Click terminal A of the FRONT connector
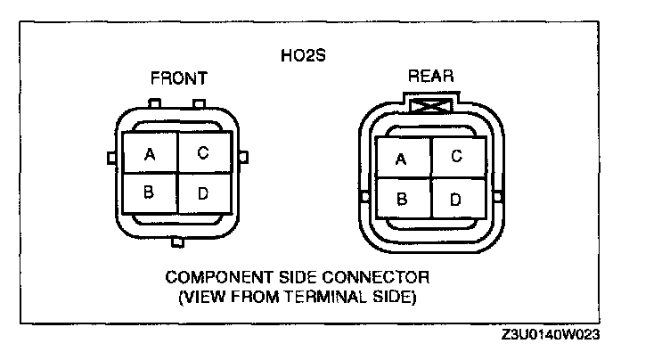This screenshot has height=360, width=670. pyautogui.click(x=151, y=154)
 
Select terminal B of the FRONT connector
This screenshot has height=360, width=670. pyautogui.click(x=151, y=192)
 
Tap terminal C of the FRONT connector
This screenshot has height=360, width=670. pyautogui.click(x=204, y=153)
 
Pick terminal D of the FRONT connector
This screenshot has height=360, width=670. pyautogui.click(x=204, y=192)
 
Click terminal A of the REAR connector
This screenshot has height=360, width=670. pyautogui.click(x=402, y=159)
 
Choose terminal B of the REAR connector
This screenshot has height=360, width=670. pyautogui.click(x=402, y=199)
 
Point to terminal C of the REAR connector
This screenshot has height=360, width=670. pyautogui.click(x=456, y=158)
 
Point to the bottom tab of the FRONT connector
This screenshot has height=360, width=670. pyautogui.click(x=176, y=241)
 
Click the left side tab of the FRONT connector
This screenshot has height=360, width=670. pyautogui.click(x=111, y=158)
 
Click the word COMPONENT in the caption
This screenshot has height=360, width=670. pyautogui.click(x=211, y=278)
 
